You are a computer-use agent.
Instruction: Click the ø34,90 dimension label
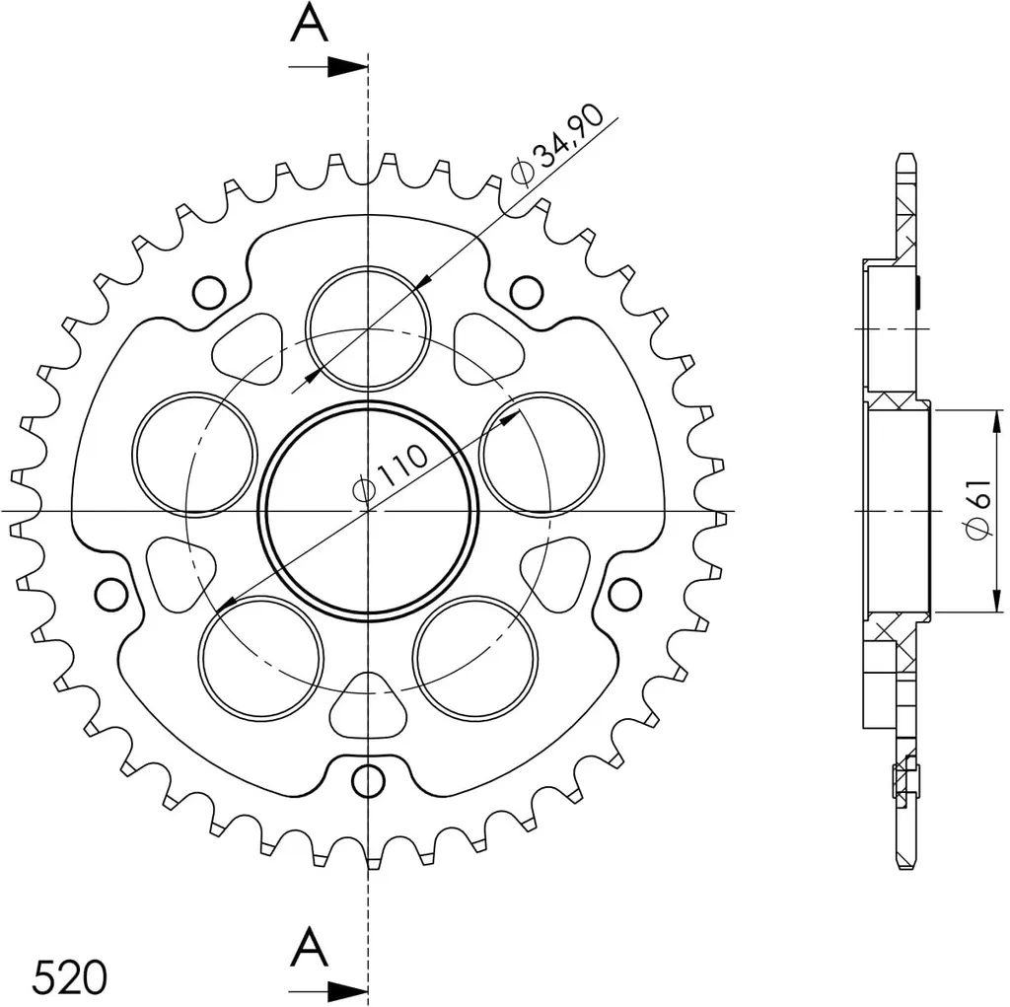(x=558, y=144)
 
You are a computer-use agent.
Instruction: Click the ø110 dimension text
(x=391, y=471)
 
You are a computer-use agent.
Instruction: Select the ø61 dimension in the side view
(x=979, y=508)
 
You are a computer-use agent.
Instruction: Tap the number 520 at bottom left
(x=70, y=976)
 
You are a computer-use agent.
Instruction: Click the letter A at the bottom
(x=309, y=947)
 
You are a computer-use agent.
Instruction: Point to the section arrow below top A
(x=328, y=66)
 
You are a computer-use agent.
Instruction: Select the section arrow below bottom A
(x=328, y=991)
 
